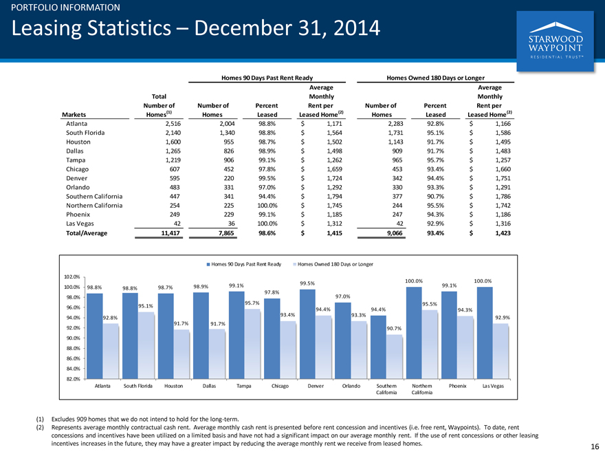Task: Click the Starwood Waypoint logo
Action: coord(555,41)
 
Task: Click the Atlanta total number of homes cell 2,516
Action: coord(173,124)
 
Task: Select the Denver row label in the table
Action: coord(76,178)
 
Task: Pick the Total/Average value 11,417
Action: coord(170,233)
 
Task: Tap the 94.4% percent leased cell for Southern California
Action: coord(267,197)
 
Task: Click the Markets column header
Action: coord(74,115)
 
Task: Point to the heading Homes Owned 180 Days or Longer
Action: coord(435,78)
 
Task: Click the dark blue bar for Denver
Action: coord(307,334)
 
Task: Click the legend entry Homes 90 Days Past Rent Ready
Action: coord(244,264)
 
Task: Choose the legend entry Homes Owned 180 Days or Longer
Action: coord(333,264)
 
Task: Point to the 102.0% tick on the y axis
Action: coord(71,277)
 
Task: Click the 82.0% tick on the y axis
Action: coord(71,379)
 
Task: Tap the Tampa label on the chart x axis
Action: coord(244,386)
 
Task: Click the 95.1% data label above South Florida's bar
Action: coord(146,305)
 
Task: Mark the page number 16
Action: coord(595,446)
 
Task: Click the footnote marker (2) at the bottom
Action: coord(40,427)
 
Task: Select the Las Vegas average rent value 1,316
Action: coord(503,224)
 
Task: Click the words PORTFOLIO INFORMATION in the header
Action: coord(65,8)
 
